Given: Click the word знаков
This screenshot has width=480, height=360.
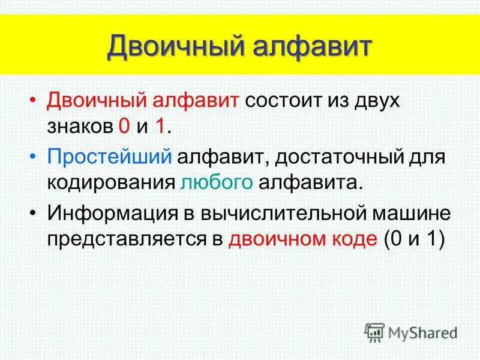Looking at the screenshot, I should tap(79, 127).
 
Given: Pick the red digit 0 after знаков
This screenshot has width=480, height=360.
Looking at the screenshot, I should tap(124, 127).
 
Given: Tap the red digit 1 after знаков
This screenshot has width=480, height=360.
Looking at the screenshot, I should tap(160, 127).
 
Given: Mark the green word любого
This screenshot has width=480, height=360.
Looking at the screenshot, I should tap(219, 182).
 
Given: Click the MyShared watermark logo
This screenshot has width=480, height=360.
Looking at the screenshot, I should tap(411, 332).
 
